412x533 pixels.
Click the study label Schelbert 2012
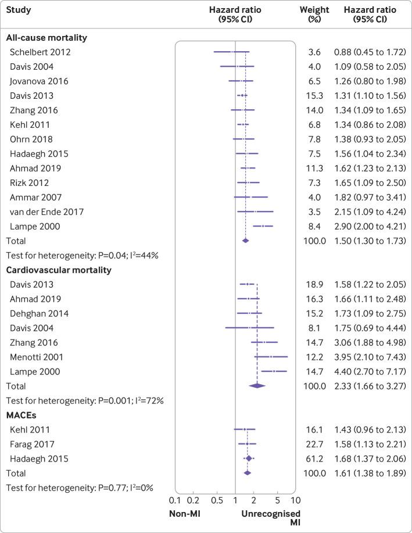pyautogui.click(x=37, y=53)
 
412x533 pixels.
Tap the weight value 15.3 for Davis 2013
pyautogui.click(x=314, y=96)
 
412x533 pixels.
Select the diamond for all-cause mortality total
pyautogui.click(x=245, y=240)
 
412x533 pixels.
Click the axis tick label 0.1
pyautogui.click(x=174, y=500)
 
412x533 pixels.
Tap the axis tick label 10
pyautogui.click(x=295, y=500)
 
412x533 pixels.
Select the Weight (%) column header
pyautogui.click(x=314, y=15)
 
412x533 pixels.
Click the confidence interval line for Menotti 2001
pyautogui.click(x=271, y=356)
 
